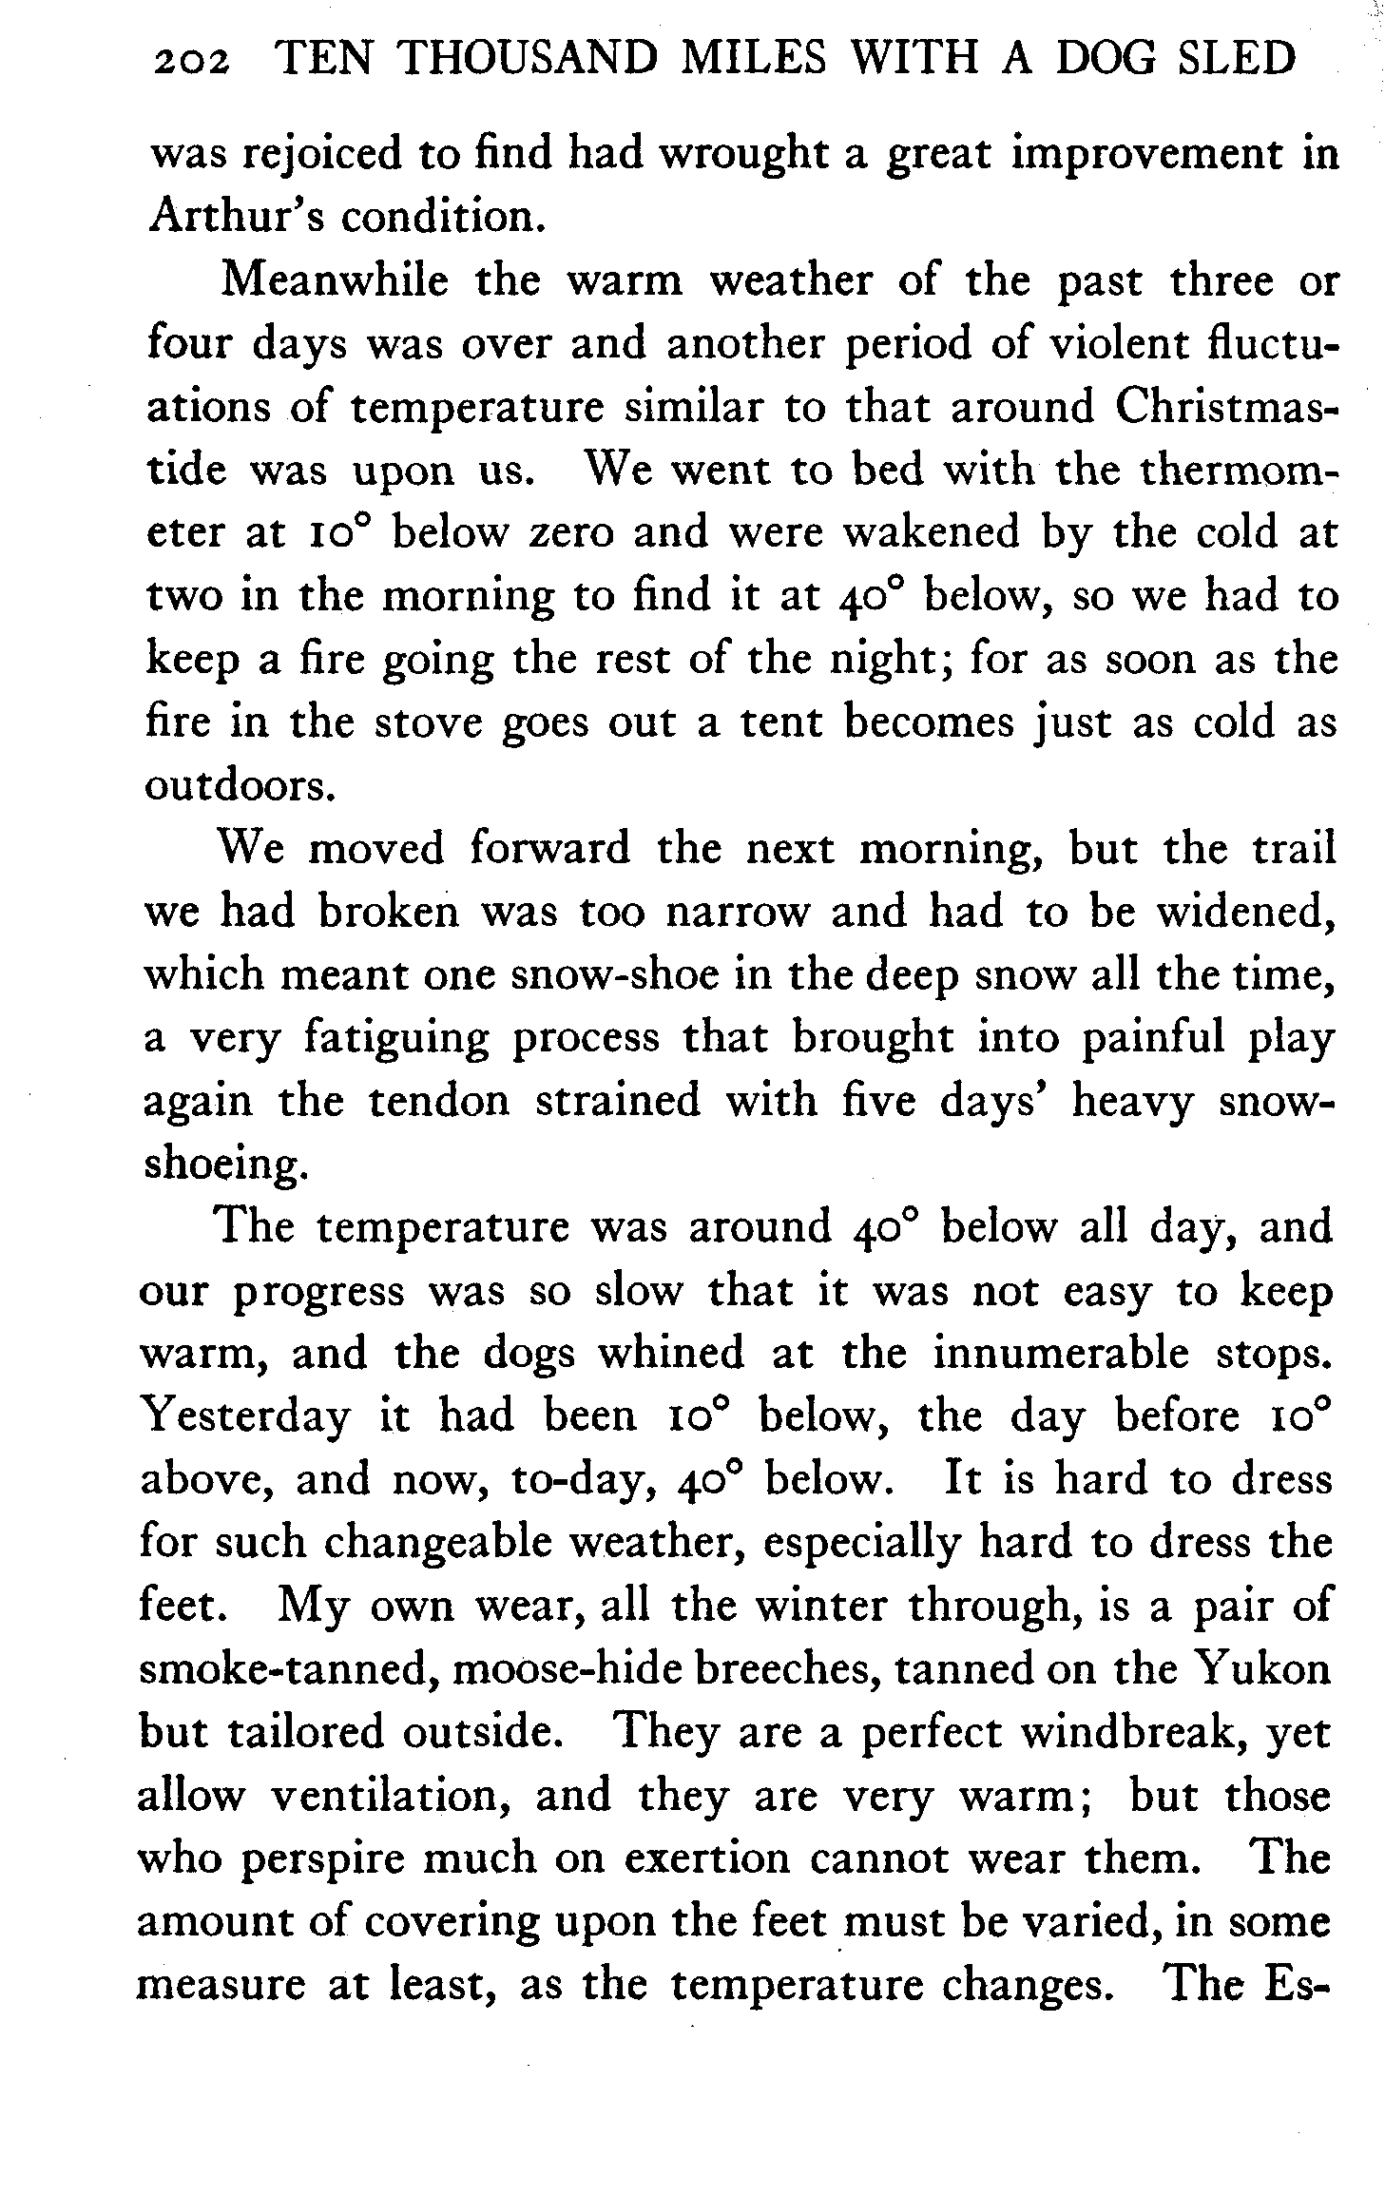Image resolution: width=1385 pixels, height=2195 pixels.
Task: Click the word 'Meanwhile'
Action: pos(335,281)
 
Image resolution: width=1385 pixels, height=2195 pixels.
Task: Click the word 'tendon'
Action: pos(438,1102)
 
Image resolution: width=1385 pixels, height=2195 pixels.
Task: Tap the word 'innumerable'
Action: pos(1059,1354)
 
